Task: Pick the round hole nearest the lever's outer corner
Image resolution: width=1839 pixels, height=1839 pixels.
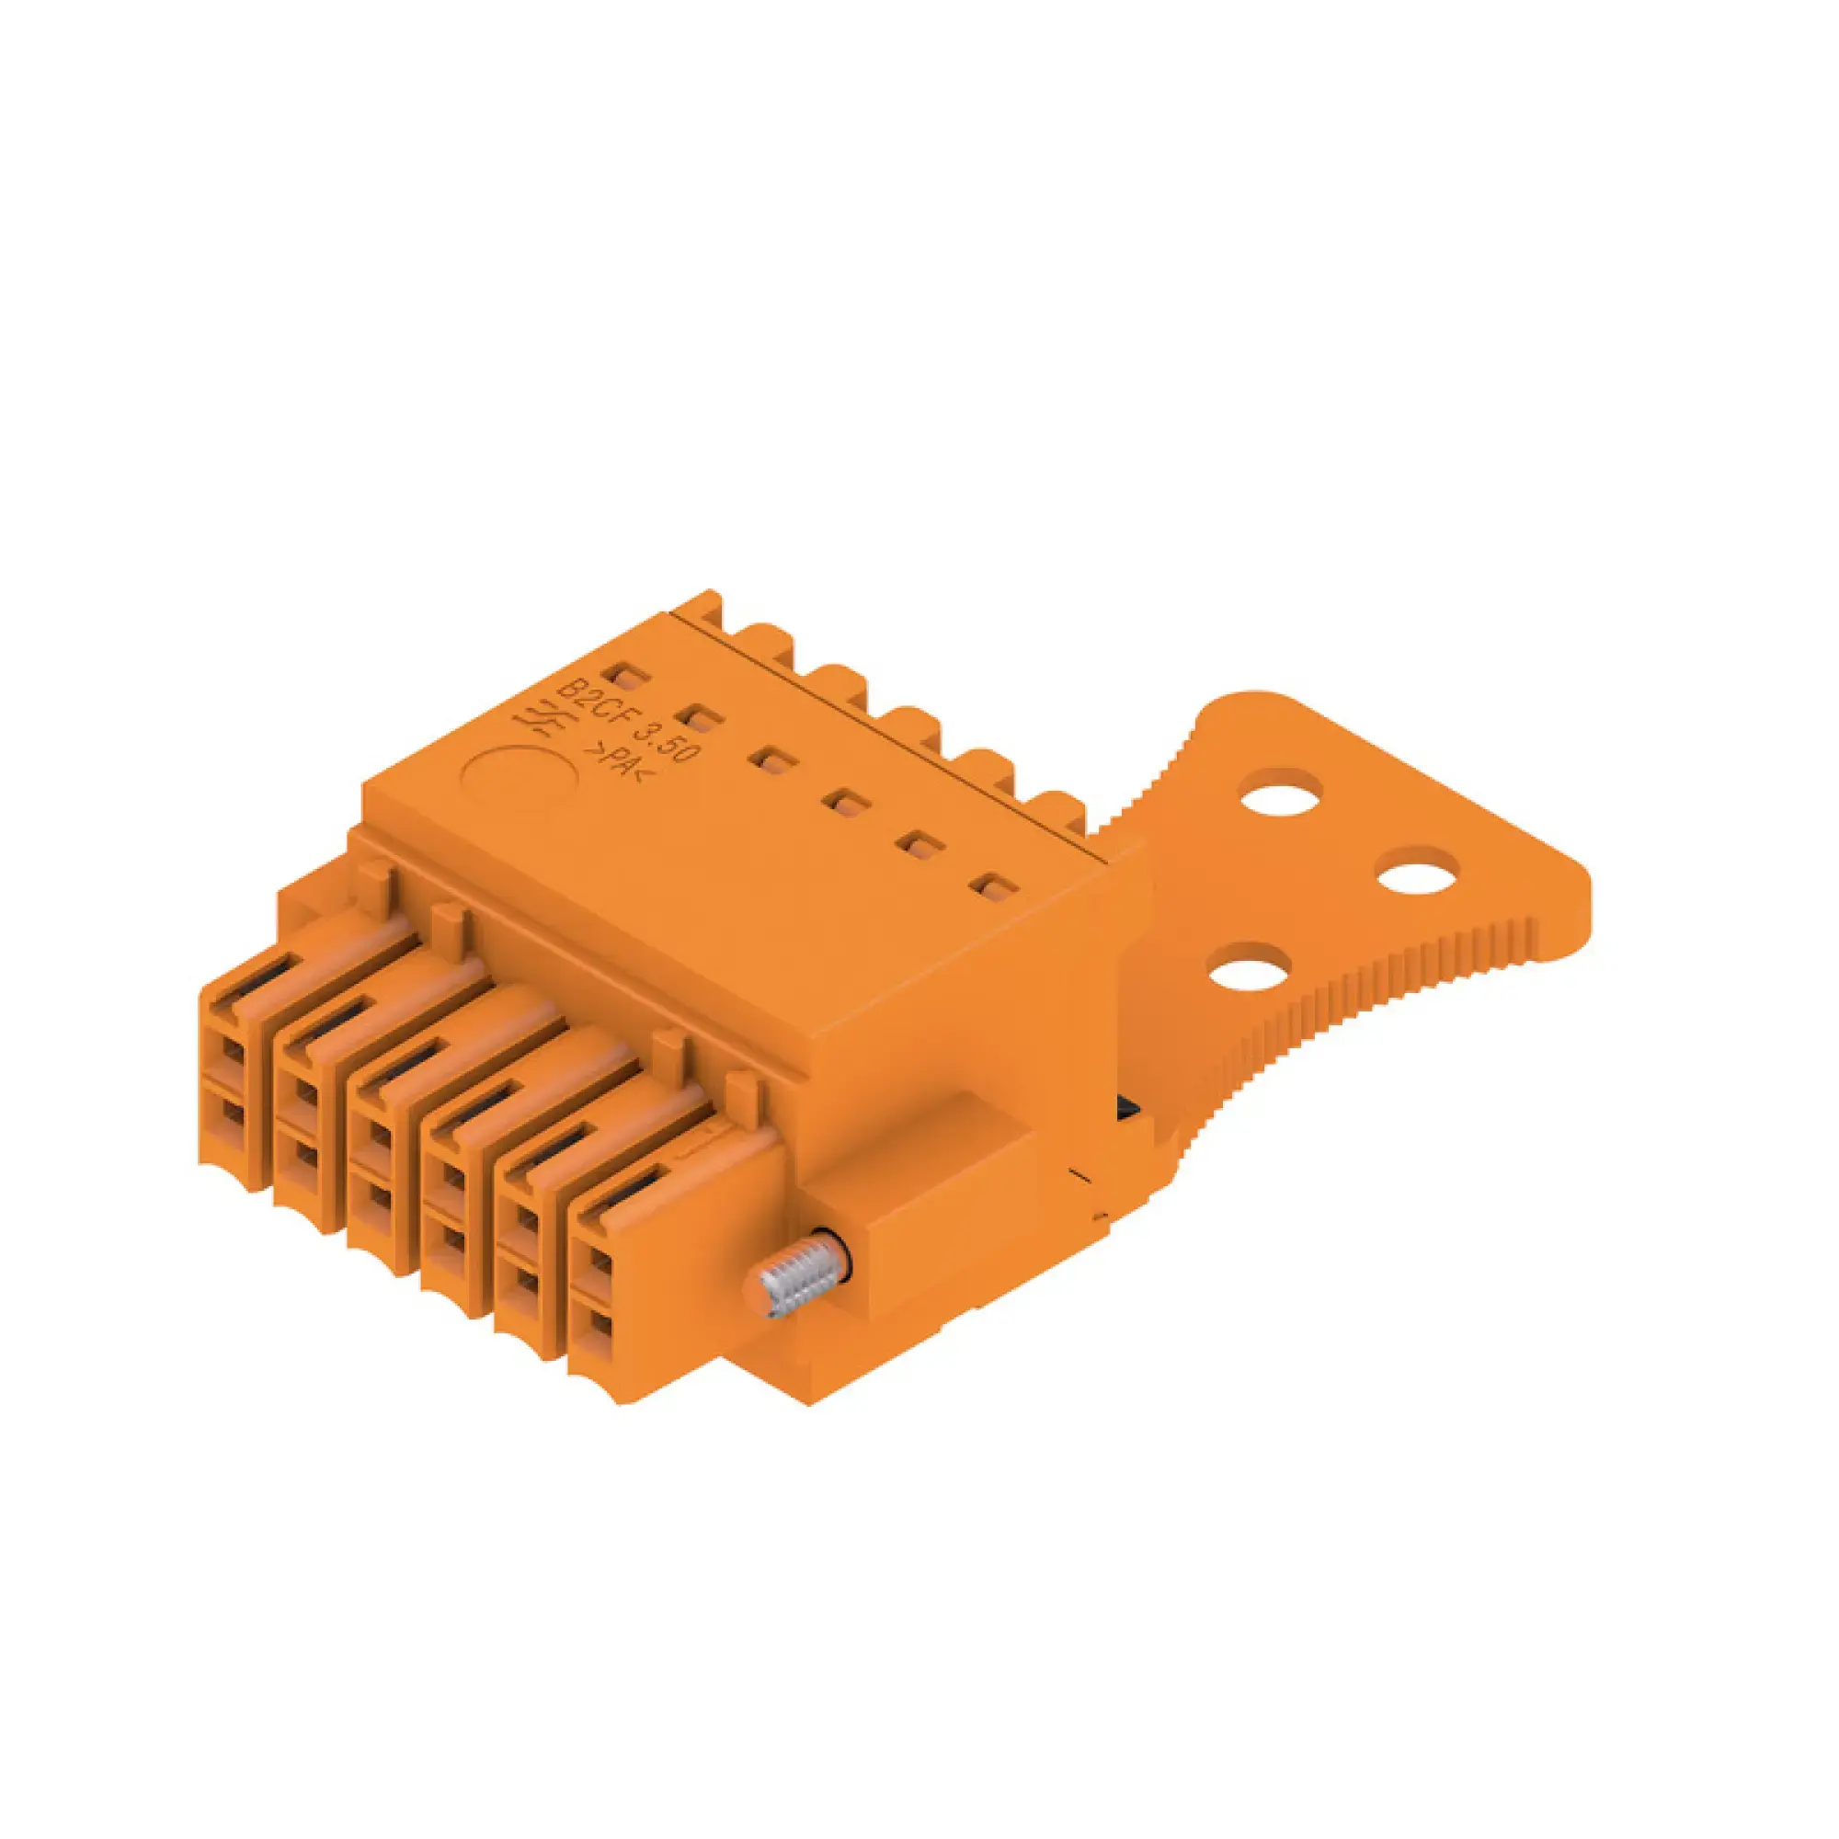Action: click(1417, 871)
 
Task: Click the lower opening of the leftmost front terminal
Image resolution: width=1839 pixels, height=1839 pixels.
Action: click(231, 1112)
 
